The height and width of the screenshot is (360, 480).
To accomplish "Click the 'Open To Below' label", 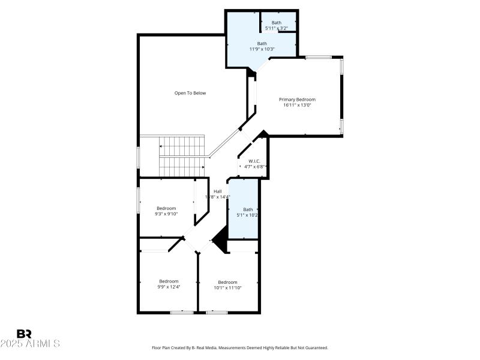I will coord(190,93).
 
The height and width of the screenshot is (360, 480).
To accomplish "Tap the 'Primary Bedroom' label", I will coord(297,100).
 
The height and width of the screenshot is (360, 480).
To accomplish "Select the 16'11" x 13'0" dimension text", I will coord(297,105).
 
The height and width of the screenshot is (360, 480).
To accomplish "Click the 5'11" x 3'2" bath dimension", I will coord(277,28).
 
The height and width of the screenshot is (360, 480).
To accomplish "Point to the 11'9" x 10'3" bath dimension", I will coord(262,49).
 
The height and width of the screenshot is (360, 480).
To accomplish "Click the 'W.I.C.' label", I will coord(253,161).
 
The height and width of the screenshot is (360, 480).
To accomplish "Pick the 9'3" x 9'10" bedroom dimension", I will coord(166,214).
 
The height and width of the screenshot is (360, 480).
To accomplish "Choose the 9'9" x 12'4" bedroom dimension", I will coord(169,287).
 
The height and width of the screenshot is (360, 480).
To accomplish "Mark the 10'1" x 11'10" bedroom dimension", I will coord(227,287).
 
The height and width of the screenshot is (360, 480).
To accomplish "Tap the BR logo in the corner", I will coord(24,334).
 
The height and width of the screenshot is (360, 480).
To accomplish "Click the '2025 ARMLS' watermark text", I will coord(30,344).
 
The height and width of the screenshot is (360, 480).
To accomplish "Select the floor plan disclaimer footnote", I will coord(240,347).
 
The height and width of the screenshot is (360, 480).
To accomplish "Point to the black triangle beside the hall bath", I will coord(220,241).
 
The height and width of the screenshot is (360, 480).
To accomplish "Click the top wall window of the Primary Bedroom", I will coord(319,57).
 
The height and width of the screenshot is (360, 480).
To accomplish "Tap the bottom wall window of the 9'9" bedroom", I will coord(181,312).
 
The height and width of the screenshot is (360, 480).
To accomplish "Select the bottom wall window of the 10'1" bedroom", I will coord(217,312).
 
